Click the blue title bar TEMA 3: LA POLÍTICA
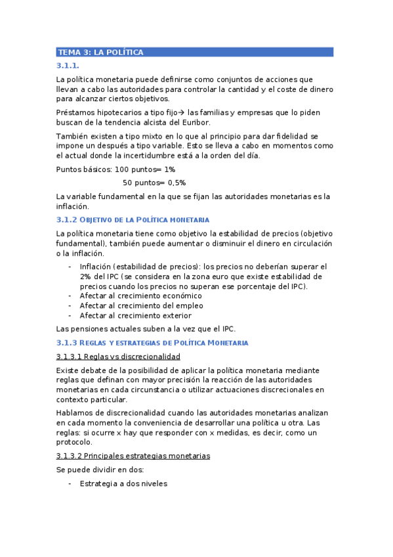195,52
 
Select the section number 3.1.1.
68,66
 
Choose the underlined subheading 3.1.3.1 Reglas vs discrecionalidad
118,356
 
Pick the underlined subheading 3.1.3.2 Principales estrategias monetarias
133,456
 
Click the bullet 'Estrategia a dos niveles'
123,483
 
